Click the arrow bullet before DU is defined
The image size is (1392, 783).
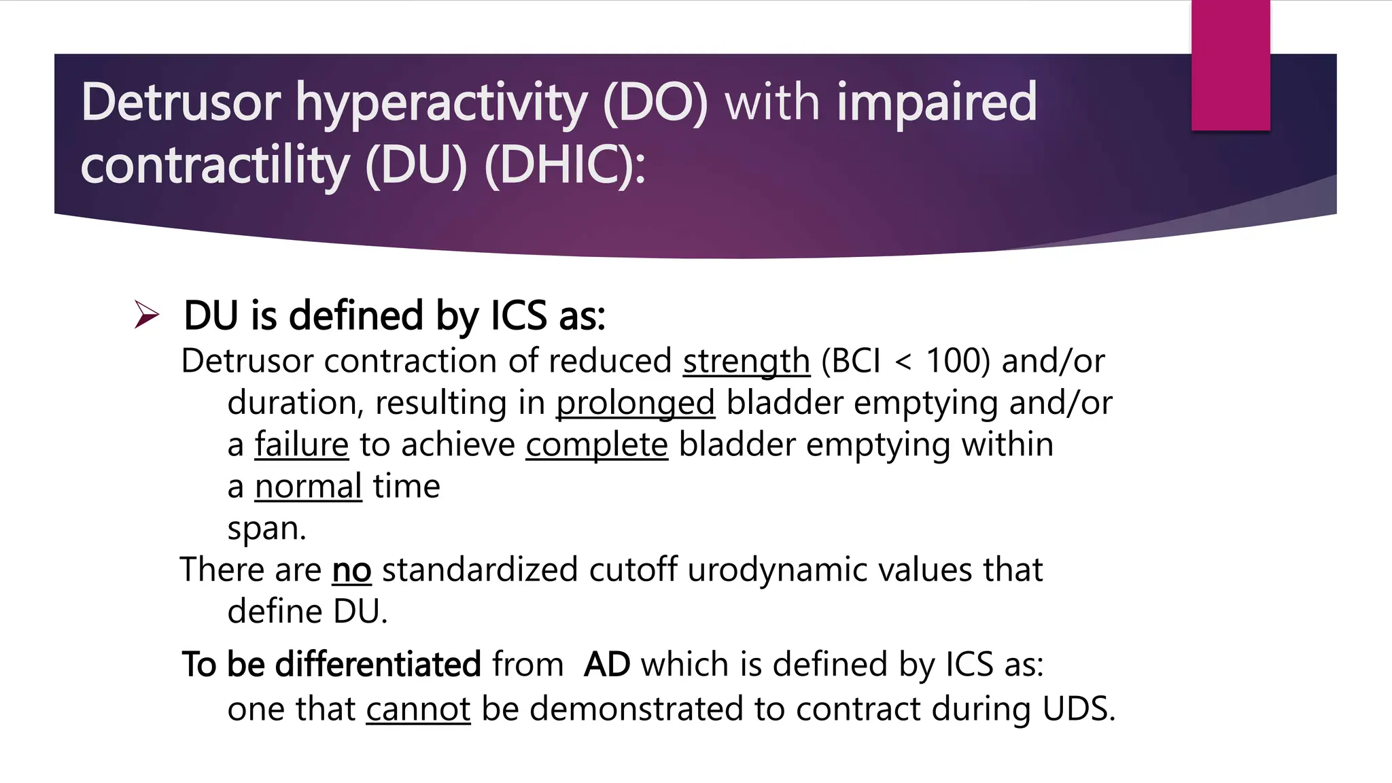pos(147,315)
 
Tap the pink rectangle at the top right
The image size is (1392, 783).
pos(1230,65)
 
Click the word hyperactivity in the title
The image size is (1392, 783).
pos(441,103)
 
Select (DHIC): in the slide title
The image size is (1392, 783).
pos(565,166)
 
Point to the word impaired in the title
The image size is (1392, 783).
pos(937,103)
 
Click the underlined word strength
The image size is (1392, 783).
pos(746,361)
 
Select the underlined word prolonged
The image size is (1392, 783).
pos(636,403)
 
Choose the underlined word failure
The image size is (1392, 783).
pos(302,445)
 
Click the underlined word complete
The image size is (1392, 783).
pos(597,445)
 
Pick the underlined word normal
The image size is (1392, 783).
pos(308,487)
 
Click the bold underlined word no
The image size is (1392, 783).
pos(351,570)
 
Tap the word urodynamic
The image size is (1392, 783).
pos(778,570)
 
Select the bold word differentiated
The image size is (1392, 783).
pos(378,664)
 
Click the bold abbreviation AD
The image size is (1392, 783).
pos(606,664)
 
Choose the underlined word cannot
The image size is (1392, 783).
pos(418,709)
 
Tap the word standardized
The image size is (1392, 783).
pos(480,570)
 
